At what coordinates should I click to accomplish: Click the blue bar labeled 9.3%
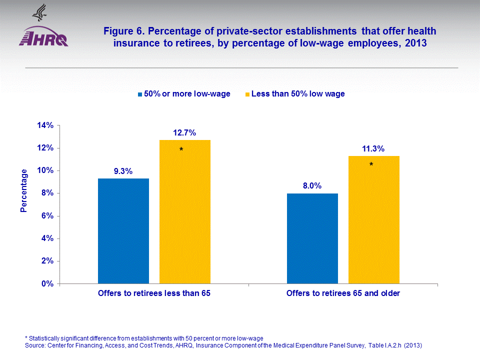tap(123, 231)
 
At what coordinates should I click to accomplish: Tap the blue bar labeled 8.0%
tap(312, 238)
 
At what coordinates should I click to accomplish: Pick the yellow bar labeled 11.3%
tap(373, 219)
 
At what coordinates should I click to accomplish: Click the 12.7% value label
tap(184, 133)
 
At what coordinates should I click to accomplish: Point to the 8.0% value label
tap(312, 186)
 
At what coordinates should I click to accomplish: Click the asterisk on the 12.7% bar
tap(181, 150)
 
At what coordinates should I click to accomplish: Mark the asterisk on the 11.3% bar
tap(371, 164)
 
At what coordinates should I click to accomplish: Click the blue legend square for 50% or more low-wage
tap(140, 94)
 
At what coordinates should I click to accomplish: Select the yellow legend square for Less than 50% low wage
tap(247, 94)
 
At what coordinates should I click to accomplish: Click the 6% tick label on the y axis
tap(47, 216)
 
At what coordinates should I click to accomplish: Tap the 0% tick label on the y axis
tap(47, 284)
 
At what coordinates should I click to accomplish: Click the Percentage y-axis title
tap(24, 190)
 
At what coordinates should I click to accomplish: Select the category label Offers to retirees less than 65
tap(153, 293)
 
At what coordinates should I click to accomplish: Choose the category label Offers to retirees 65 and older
tap(343, 293)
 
